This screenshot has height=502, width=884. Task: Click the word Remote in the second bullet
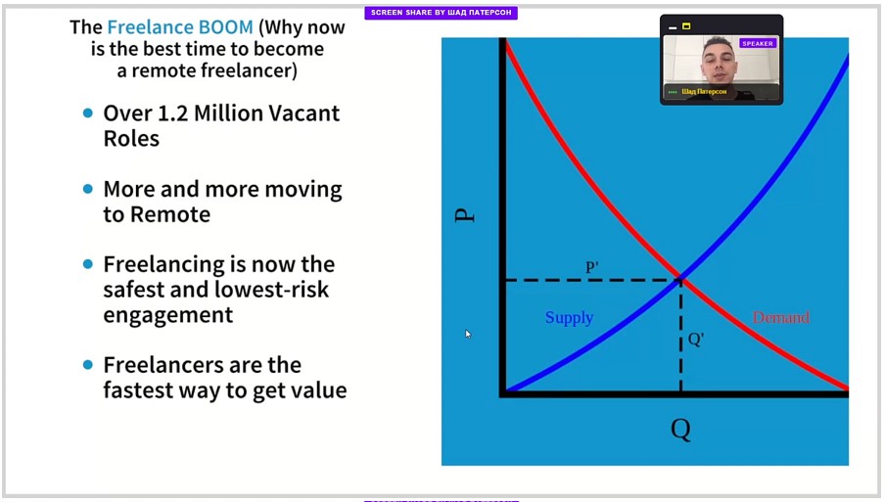tap(170, 214)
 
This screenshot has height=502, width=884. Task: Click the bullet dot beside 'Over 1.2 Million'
tap(88, 114)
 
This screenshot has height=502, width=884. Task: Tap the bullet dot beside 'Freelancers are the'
tap(88, 365)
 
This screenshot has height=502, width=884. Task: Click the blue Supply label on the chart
tap(570, 318)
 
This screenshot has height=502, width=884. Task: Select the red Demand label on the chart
tap(781, 317)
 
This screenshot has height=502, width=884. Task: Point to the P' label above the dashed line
tap(592, 266)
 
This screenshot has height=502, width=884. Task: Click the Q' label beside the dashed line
tap(696, 340)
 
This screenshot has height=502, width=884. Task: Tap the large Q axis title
tap(681, 430)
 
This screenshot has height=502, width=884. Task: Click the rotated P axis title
tap(465, 215)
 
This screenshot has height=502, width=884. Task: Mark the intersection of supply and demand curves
tap(680, 278)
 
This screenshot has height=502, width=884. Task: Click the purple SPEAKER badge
tap(758, 43)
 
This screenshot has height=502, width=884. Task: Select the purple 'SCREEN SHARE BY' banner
tap(441, 13)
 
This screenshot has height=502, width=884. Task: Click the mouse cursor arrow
tap(468, 334)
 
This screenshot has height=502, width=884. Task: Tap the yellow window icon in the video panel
tap(686, 25)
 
